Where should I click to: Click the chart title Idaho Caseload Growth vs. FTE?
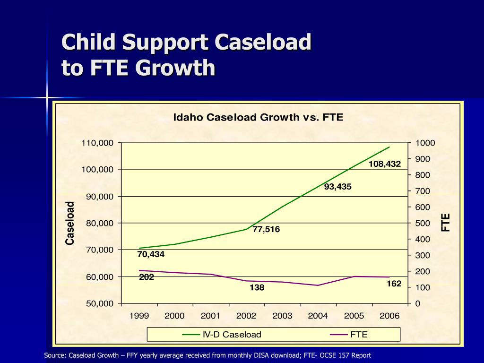pos(258,117)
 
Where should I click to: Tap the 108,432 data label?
pos(385,164)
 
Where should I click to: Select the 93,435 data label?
pos(337,187)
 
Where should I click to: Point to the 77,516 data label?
pos(266,230)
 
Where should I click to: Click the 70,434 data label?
pos(151,254)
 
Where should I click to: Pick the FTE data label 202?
pos(147,277)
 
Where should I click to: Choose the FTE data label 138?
pos(257,287)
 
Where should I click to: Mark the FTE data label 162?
pos(394,284)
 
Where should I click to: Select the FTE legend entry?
pos(359,335)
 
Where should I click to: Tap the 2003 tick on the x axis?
pos(282,316)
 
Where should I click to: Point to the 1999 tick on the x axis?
pos(139,316)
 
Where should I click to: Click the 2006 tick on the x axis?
pos(389,316)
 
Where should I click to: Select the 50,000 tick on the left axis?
pos(100,303)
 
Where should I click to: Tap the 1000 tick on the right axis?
pos(425,143)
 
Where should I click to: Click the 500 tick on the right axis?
pos(423,223)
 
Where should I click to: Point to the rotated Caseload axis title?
pos(70,223)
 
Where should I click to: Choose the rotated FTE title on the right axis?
pos(446,223)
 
